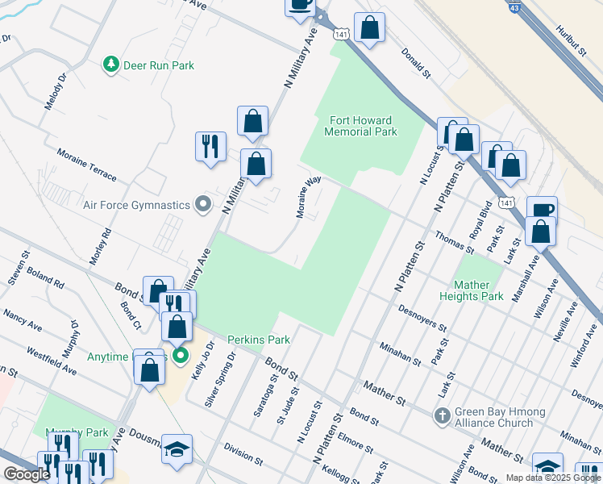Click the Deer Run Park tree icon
pos(111,65)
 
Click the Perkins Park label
pos(258,340)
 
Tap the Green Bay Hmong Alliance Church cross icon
pos(441,416)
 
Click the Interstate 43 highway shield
pos(514,7)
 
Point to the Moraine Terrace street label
pos(86,165)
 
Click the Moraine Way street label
pos(307,198)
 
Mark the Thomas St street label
pos(454,240)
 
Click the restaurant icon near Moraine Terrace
pos(210,146)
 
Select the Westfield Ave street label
pos(52,360)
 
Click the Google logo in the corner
pos(27,474)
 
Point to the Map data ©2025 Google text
pos(552,478)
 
